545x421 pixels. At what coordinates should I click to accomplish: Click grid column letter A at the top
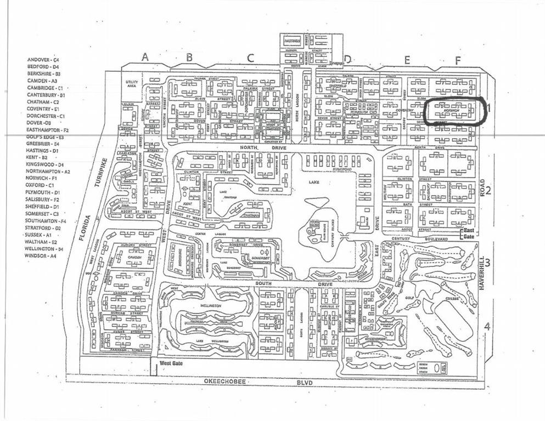point(145,56)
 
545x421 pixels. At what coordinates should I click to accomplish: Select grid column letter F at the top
point(458,60)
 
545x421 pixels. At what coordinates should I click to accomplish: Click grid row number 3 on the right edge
point(487,261)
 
